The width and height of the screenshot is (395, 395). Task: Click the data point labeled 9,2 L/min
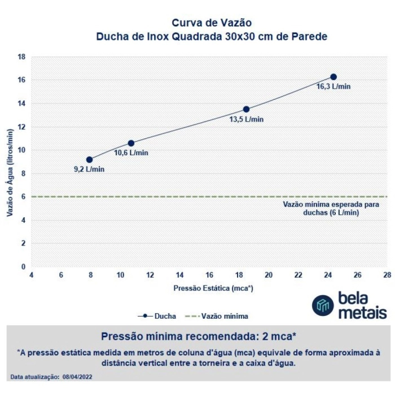tap(89, 160)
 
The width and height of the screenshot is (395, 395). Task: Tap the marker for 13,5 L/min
tap(246, 109)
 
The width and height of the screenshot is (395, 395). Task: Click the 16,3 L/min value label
tap(333, 87)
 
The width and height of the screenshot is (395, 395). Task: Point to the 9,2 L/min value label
tap(89, 169)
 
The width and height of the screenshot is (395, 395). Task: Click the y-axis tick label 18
tap(21, 57)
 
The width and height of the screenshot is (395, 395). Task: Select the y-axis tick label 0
tap(23, 267)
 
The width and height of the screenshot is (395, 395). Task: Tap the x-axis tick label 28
tap(387, 275)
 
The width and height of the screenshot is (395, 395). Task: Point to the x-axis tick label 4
tap(32, 275)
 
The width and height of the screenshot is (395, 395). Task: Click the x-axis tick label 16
tap(209, 275)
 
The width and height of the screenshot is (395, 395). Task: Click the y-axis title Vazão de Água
tap(10, 162)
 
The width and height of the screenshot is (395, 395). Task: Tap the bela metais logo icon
tap(323, 305)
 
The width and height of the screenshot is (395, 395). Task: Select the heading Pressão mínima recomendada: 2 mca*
tap(198, 336)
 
